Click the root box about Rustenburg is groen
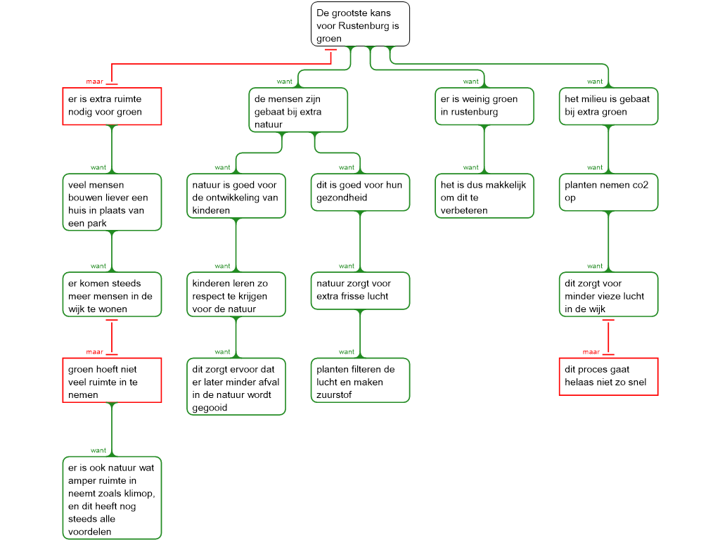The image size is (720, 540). [361, 25]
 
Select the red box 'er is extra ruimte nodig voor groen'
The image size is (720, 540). [112, 106]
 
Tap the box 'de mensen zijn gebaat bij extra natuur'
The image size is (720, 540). [298, 110]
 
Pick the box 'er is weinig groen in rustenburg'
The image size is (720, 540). [484, 106]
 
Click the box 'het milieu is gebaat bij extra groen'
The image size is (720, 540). [608, 106]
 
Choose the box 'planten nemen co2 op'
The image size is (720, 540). [608, 192]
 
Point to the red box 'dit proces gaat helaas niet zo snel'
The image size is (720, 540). [608, 377]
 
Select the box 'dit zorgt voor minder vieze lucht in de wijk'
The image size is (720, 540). [608, 295]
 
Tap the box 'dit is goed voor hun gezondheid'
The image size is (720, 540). [360, 192]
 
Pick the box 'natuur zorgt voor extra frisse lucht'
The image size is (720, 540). [360, 290]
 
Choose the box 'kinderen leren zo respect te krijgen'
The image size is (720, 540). [236, 295]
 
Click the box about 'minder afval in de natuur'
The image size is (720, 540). [236, 387]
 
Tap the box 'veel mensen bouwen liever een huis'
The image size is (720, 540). [112, 202]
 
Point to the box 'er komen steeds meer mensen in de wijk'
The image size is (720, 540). [112, 295]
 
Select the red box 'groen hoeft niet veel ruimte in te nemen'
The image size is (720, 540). [112, 380]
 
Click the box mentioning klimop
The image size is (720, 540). [112, 498]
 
